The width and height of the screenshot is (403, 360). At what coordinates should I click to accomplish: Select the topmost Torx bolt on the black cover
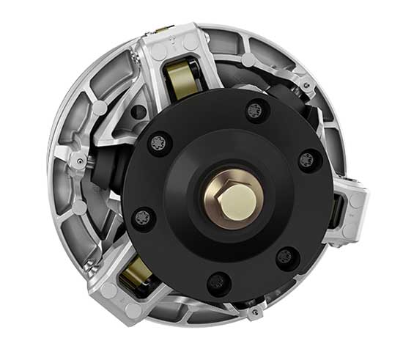tap(254, 110)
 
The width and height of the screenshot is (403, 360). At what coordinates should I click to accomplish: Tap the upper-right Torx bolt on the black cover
tap(308, 160)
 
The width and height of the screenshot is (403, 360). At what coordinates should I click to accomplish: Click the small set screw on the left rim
tap(75, 158)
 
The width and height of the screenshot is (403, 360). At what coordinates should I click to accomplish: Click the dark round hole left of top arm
tap(138, 111)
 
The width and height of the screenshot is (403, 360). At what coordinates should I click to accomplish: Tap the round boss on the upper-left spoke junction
tap(97, 108)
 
